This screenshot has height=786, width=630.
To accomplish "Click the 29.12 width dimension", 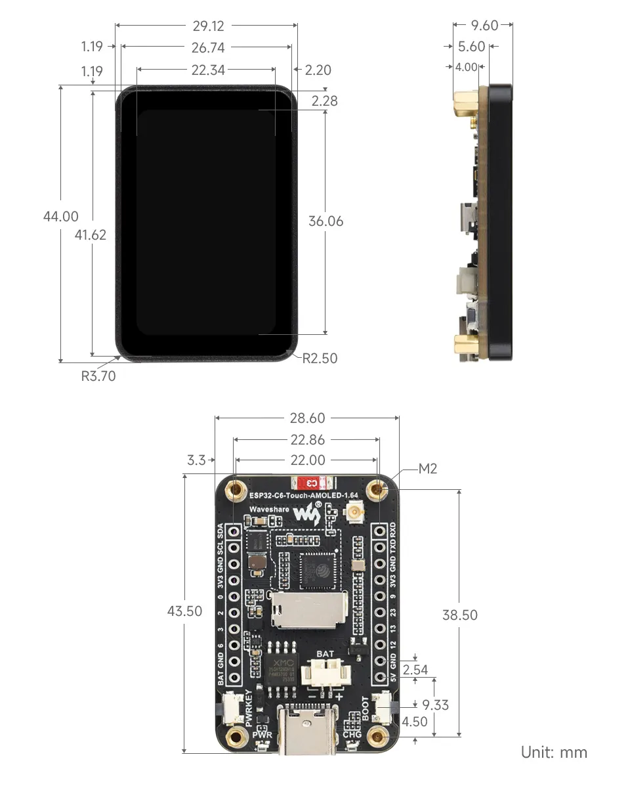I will pos(208,26).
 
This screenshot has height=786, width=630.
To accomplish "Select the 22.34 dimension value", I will pos(208,70).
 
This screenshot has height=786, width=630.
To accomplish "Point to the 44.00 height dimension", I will pos(61,217).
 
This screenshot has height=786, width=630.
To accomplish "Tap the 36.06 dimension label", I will pos(325,221).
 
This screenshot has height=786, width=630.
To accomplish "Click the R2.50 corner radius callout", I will pos(320,358).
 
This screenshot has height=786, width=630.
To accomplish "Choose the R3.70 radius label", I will pos(98,376).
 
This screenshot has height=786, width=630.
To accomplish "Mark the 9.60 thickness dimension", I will pos(485,26).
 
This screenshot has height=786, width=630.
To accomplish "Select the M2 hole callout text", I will pos(427,469).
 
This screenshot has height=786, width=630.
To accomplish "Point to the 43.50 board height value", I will pos(185,611).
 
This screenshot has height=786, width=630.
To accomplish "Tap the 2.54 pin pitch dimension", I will pos(415,670).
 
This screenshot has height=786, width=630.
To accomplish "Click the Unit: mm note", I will pos(554,752).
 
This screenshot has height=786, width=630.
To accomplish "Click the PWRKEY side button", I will pos(232,708).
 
